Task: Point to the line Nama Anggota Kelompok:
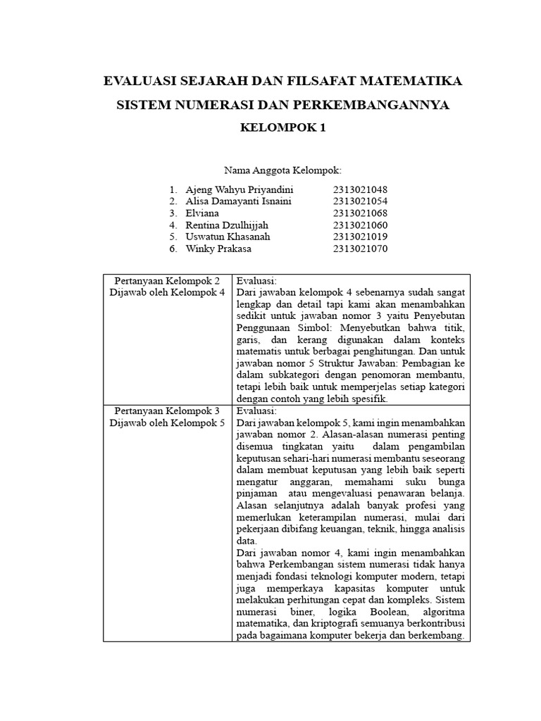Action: tap(282, 170)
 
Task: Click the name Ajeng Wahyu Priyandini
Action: tap(240, 190)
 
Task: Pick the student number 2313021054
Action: tap(361, 201)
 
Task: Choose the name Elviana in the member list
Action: tap(202, 213)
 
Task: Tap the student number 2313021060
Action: tap(361, 225)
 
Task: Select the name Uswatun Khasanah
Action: tap(228, 237)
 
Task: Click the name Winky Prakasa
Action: tap(218, 249)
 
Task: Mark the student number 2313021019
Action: tap(361, 237)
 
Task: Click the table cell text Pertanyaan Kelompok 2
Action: tap(168, 280)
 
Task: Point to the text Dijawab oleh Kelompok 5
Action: tap(168, 422)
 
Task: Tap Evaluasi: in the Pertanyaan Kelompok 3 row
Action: tap(257, 410)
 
